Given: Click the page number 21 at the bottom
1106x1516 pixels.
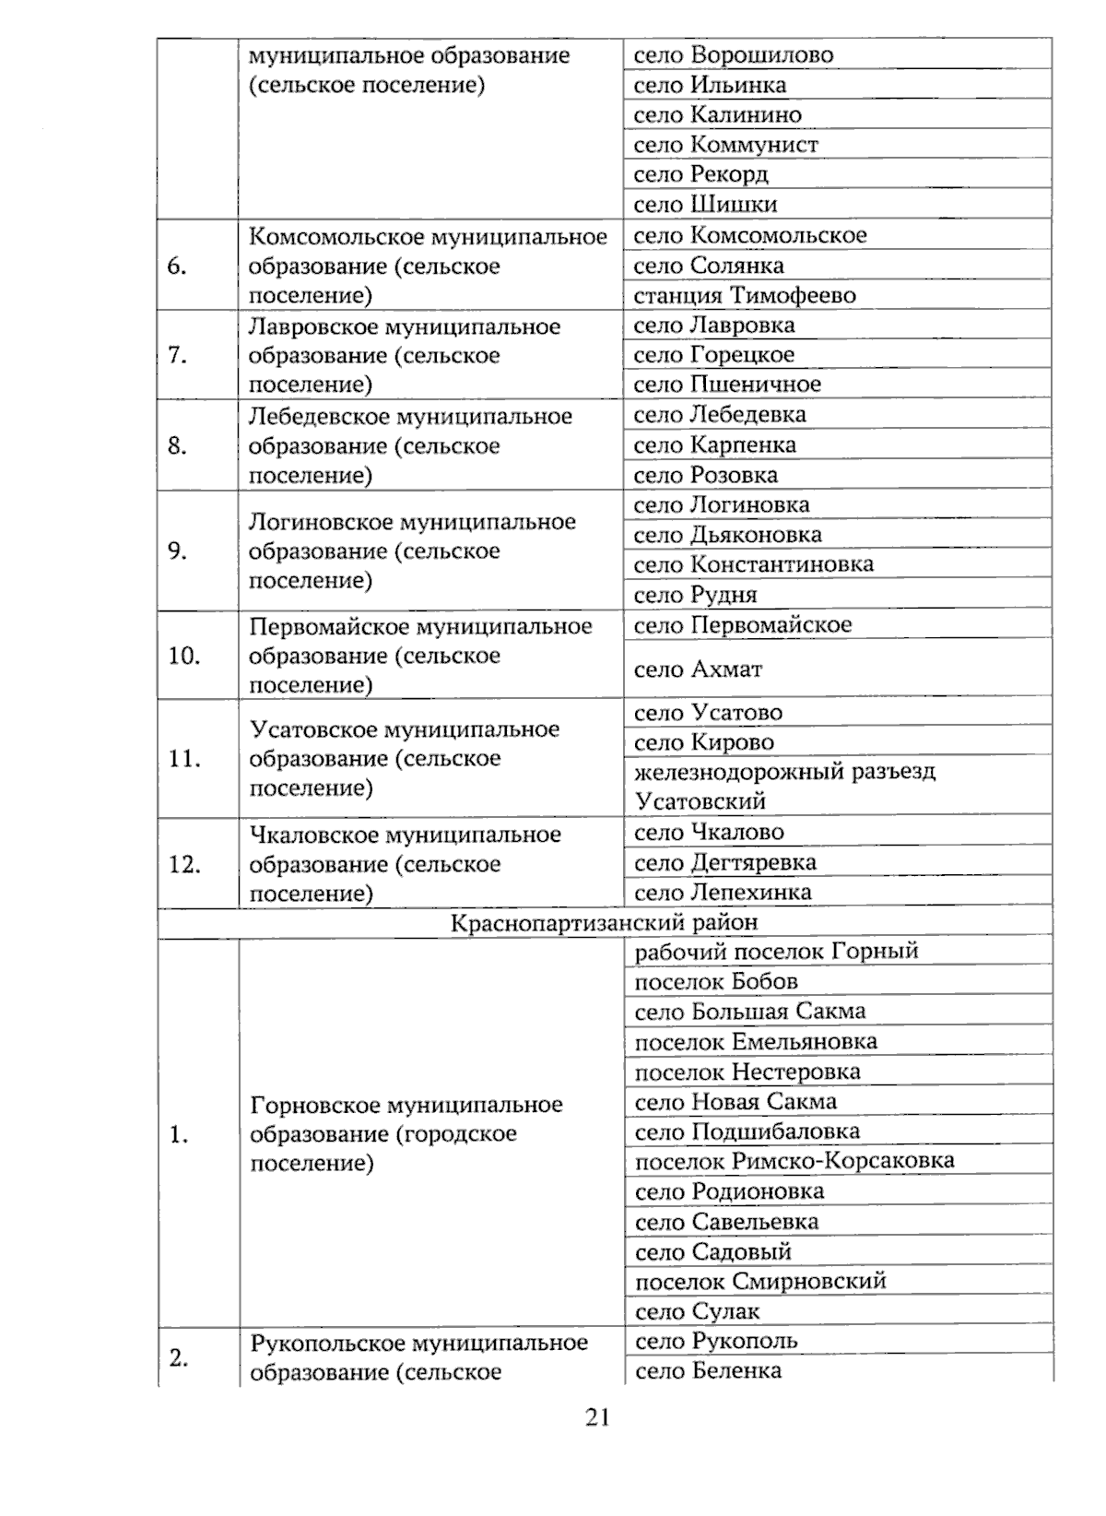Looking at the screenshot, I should pos(597,1417).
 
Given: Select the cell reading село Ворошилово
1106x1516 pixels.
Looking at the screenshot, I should pos(733,55).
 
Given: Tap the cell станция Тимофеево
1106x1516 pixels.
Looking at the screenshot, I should pos(745,296).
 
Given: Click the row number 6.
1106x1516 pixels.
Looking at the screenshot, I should pos(177,266).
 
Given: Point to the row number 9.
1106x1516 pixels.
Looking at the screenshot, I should pos(177,551).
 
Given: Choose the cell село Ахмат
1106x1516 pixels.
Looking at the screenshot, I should pos(698,669).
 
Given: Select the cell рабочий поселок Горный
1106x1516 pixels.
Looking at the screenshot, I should pos(776,952).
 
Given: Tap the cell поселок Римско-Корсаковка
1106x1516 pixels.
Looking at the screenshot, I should pos(794,1161).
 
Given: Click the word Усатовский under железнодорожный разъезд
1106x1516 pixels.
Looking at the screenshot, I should pos(700,801).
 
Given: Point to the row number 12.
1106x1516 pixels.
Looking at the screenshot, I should pos(184,865).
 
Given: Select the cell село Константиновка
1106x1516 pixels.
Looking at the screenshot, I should pos(753,564).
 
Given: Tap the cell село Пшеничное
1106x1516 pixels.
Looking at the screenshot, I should pos(727,385).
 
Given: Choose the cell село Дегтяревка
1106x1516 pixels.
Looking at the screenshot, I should pos(725,863).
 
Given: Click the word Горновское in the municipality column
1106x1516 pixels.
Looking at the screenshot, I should pos(314,1105).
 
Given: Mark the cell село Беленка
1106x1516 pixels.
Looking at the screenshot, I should pos(708,1371).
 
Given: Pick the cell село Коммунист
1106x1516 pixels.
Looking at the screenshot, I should pos(725,145).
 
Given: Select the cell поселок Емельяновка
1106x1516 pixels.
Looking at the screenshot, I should pos(756,1042).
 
